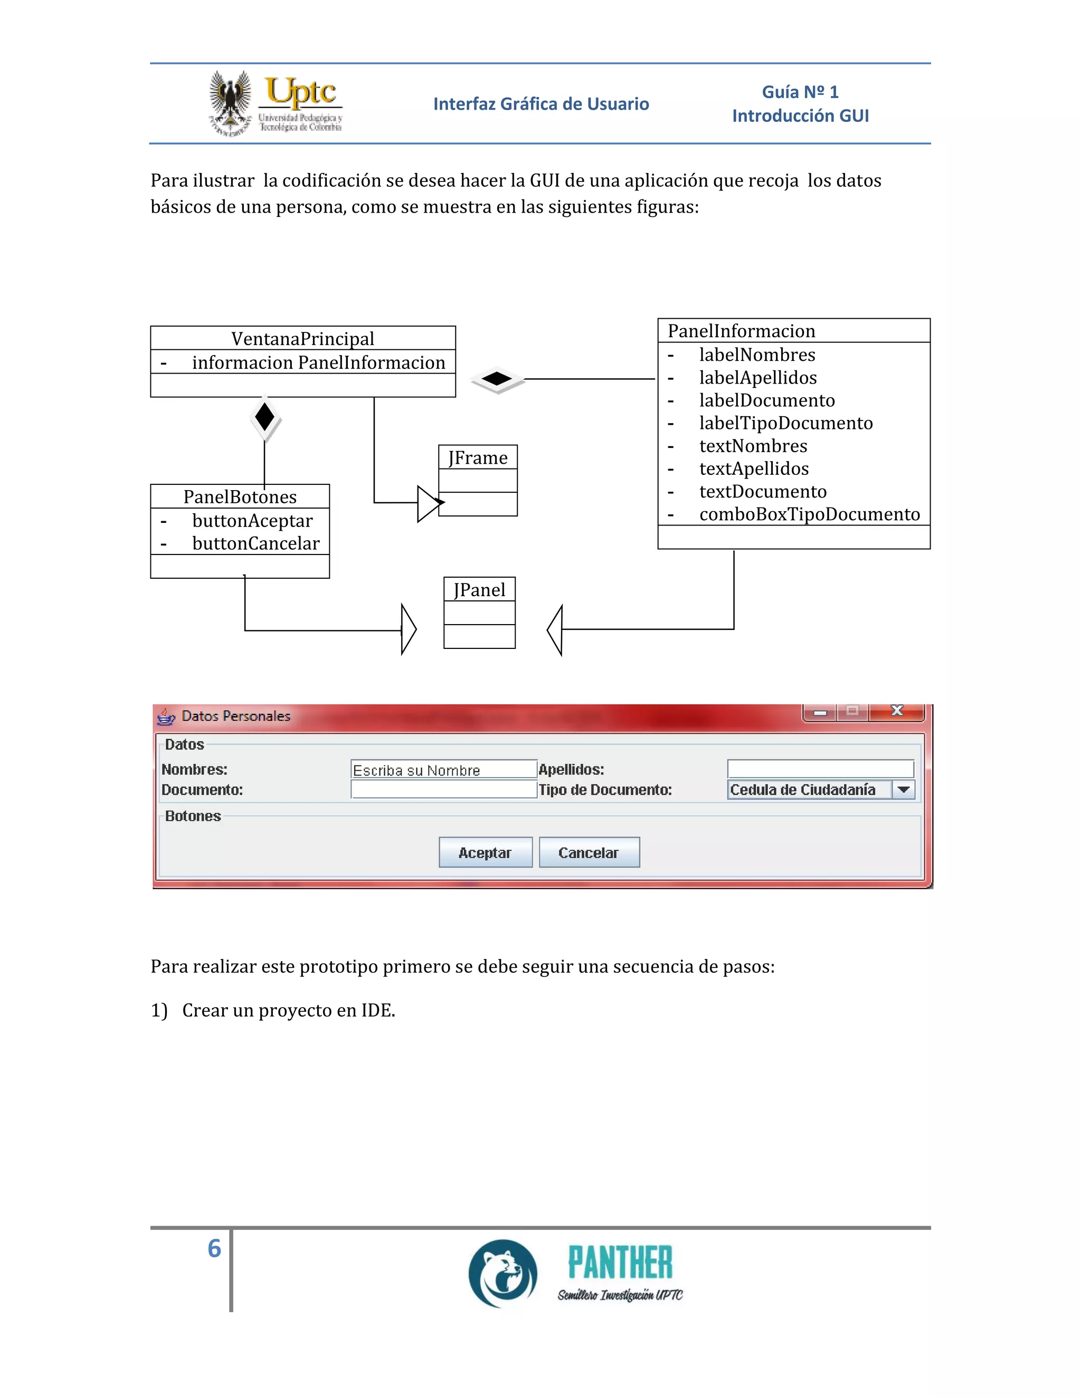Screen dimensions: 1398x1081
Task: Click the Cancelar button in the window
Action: click(x=589, y=852)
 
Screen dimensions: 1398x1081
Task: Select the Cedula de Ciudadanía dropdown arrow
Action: click(x=904, y=789)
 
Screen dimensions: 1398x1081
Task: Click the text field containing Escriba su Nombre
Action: click(x=443, y=769)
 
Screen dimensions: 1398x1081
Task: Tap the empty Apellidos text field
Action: click(x=820, y=768)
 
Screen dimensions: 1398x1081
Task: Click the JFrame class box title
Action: click(x=478, y=458)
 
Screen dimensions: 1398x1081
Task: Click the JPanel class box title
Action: click(x=479, y=590)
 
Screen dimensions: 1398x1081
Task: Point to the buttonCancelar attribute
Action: click(x=255, y=543)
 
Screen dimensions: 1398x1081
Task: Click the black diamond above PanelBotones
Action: click(x=264, y=417)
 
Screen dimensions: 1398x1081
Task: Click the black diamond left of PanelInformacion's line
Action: click(x=497, y=378)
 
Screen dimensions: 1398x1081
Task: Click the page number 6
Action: click(x=214, y=1248)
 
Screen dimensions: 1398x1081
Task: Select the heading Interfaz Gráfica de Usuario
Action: click(x=540, y=104)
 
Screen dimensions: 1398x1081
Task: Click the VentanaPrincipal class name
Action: click(x=302, y=338)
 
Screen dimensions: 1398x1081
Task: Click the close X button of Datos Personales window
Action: click(x=897, y=711)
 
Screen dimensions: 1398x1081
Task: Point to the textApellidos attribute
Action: click(x=754, y=468)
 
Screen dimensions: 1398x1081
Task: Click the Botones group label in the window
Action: click(x=193, y=816)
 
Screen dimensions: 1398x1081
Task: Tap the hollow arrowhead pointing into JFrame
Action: click(x=428, y=504)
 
